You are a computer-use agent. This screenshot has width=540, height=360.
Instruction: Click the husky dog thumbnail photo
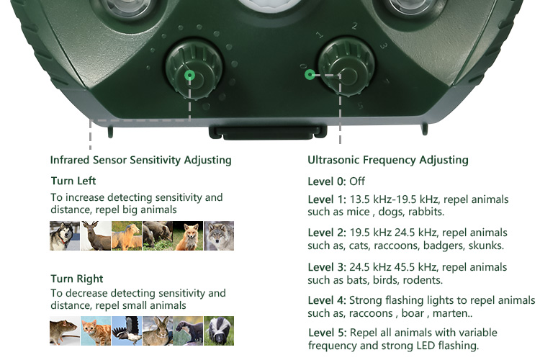pos(65,235)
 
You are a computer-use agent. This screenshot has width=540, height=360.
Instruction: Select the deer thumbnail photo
pos(96,235)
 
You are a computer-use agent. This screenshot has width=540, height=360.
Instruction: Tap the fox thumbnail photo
pos(188,235)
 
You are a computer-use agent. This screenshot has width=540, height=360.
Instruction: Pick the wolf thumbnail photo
pos(219,235)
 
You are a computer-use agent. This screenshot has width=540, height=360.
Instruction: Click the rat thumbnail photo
pos(65,330)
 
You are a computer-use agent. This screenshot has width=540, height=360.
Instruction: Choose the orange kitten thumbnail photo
pos(96,330)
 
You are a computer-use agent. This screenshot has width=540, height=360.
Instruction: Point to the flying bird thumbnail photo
pos(127,330)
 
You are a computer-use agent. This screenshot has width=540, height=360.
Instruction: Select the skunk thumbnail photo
pos(219,330)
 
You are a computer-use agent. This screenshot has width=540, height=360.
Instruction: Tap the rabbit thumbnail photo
pos(158,330)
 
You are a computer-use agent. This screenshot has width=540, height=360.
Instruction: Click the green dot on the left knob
pos(189,75)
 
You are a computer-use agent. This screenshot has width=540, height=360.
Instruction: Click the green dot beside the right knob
pos(310,74)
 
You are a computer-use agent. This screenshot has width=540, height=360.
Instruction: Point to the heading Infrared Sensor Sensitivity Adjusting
pos(141,160)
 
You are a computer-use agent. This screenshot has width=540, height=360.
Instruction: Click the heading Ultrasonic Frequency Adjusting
pos(388,160)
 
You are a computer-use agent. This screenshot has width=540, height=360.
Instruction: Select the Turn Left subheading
pos(73,181)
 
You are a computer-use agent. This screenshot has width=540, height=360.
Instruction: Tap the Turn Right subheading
pos(77,279)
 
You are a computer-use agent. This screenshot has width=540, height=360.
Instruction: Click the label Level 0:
pos(327,181)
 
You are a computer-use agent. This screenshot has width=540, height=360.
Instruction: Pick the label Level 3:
pos(327,267)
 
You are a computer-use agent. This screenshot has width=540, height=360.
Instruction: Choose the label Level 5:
pos(327,333)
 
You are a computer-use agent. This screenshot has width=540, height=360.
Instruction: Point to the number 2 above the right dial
pos(354,26)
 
